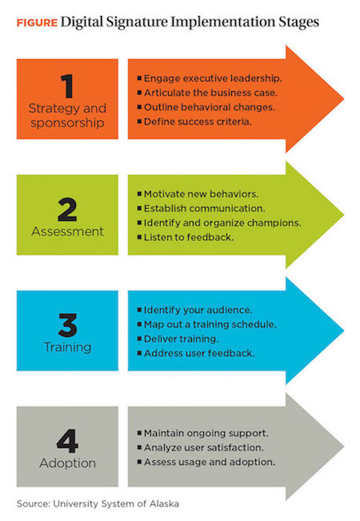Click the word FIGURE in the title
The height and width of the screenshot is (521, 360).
(37, 23)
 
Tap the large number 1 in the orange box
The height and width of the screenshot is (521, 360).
(68, 86)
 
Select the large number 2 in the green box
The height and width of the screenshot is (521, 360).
(67, 210)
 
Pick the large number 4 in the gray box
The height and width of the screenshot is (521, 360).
(67, 441)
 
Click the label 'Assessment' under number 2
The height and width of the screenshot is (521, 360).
(67, 231)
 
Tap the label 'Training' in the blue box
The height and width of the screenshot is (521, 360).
(67, 347)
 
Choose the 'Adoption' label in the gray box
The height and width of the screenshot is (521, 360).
(67, 463)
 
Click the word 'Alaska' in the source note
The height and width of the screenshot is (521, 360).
(164, 503)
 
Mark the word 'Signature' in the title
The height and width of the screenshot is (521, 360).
(137, 22)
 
